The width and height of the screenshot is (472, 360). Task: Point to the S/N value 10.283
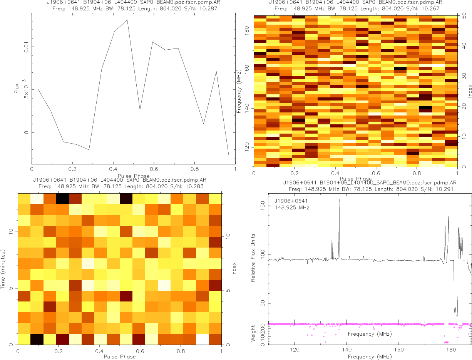[x=194, y=186]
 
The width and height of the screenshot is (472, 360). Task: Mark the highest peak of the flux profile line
[x=127, y=20]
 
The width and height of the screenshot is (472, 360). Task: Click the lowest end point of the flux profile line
[x=229, y=157]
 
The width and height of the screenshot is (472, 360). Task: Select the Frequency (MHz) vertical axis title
[x=239, y=91]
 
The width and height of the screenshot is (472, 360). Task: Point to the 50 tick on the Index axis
[x=465, y=16]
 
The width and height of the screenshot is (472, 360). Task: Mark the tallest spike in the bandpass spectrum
[x=339, y=199]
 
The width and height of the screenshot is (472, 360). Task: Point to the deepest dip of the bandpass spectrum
[x=457, y=316]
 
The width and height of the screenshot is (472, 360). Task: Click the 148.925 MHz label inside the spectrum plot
[x=292, y=208]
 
